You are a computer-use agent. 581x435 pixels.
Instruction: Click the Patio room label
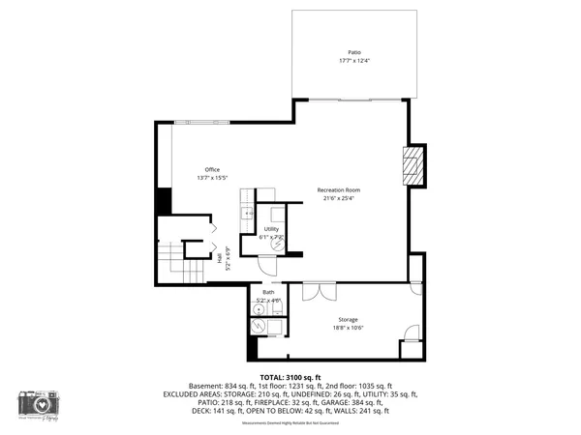354,52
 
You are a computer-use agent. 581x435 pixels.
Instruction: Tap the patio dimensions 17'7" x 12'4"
354,61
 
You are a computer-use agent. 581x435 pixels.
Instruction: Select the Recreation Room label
338,190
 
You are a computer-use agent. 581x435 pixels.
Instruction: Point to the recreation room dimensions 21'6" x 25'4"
338,199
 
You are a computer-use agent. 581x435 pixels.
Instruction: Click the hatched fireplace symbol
413,166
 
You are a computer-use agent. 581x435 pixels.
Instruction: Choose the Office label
212,169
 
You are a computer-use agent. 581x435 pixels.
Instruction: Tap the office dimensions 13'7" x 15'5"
212,178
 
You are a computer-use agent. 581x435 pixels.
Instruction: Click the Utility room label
271,229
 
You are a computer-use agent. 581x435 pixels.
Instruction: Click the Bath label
267,292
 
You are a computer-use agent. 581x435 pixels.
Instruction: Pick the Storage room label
348,319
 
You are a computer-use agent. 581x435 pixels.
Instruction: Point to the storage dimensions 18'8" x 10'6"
348,328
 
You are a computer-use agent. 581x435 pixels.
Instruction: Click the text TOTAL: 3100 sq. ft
290,377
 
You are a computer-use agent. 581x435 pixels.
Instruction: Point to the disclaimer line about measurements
290,422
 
